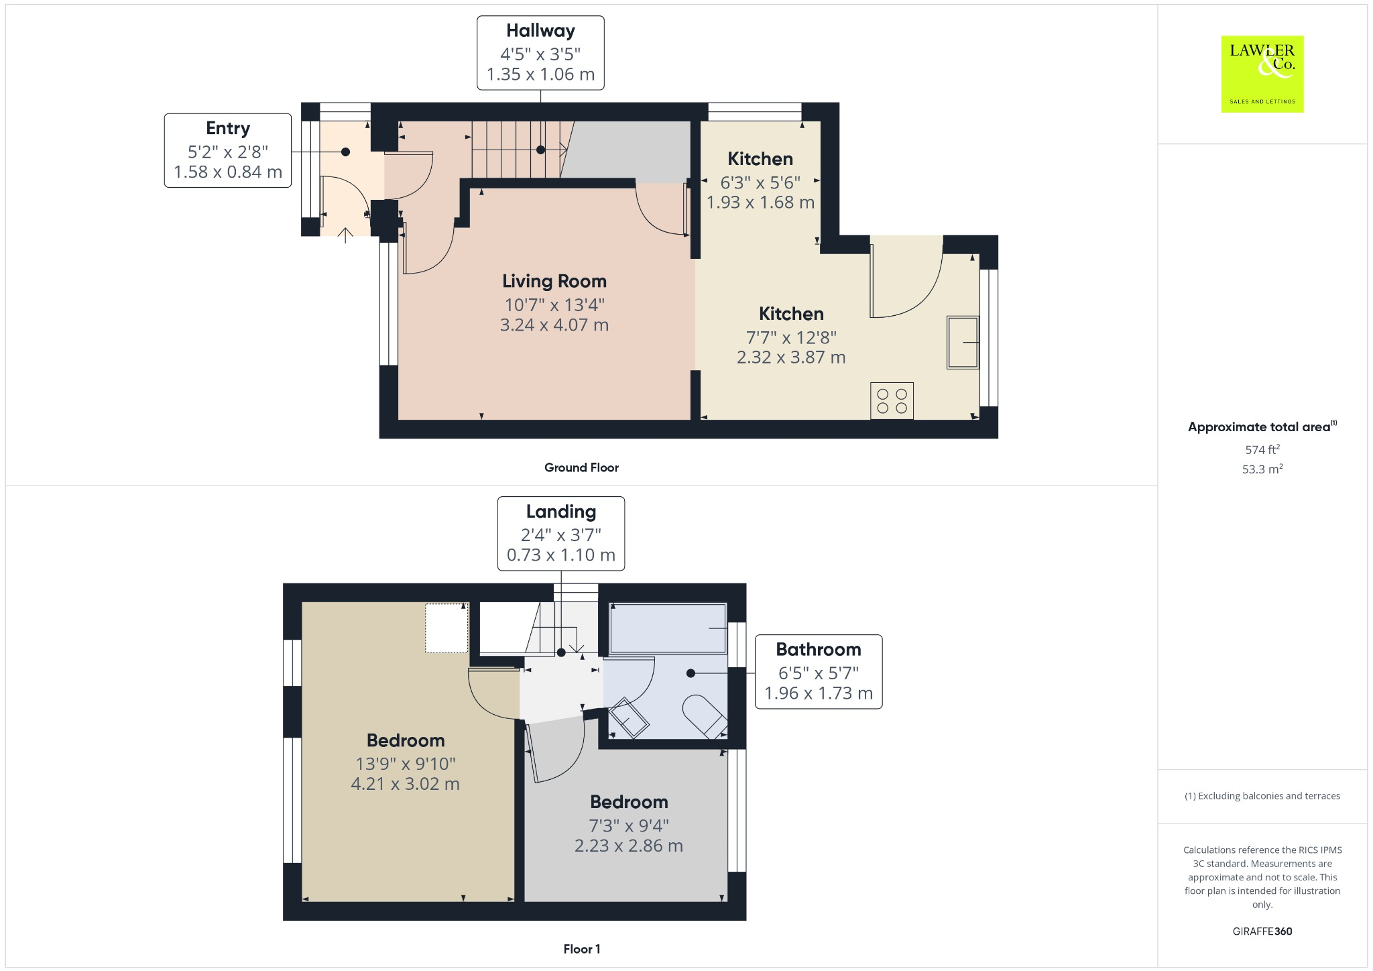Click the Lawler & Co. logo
point(1262,74)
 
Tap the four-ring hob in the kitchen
point(892,401)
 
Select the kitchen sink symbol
point(963,342)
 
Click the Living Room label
point(554,281)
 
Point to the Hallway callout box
point(540,53)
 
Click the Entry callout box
point(228,150)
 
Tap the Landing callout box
point(561,534)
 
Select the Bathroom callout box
point(819,671)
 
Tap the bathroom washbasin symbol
point(629,718)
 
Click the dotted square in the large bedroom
point(446,628)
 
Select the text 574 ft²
point(1262,449)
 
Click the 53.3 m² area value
point(1262,469)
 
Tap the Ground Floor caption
point(581,467)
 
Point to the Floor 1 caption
point(581,949)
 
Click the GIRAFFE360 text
point(1262,931)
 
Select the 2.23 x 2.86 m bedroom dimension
point(629,846)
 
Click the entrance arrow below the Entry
point(345,235)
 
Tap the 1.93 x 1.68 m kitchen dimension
point(760,202)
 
